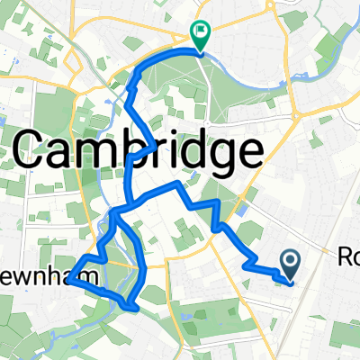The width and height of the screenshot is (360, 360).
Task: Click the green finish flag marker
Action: tap(200, 34)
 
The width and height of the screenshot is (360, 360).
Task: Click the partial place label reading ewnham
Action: tap(43, 281)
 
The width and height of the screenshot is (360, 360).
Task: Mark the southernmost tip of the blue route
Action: tap(134, 309)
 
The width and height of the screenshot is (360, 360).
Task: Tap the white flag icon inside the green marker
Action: tap(201, 31)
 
